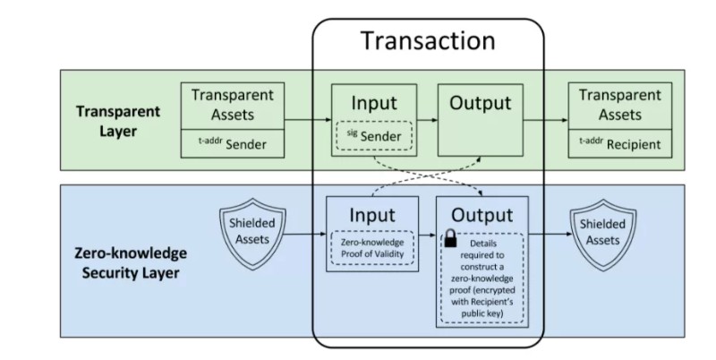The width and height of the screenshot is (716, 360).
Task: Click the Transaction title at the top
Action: pyautogui.click(x=427, y=41)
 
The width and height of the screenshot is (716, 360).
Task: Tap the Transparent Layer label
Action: pyautogui.click(x=118, y=120)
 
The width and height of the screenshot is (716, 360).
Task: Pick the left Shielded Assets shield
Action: pyautogui.click(x=251, y=236)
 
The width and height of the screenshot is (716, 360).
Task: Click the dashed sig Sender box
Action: pyautogui.click(x=372, y=137)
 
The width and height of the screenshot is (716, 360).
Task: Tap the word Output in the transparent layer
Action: pyautogui.click(x=480, y=103)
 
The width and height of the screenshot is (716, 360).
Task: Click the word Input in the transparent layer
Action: pyautogui.click(x=372, y=102)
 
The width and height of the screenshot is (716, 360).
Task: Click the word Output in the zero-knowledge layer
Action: pyautogui.click(x=482, y=216)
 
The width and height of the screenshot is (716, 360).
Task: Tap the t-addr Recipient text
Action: pyautogui.click(x=611, y=143)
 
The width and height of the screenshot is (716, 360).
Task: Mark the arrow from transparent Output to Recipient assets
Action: pyautogui.click(x=545, y=119)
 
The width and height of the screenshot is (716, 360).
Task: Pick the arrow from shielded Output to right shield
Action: pyautogui.click(x=548, y=236)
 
